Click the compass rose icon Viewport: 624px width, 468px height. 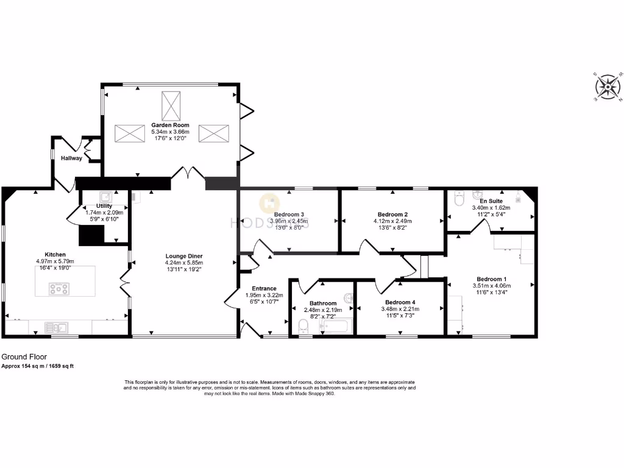pyautogui.click(x=608, y=87)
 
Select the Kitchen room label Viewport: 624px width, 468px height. pyautogui.click(x=55, y=254)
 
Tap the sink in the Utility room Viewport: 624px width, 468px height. pyautogui.click(x=105, y=196)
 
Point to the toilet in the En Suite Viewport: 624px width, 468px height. pyautogui.click(x=460, y=198)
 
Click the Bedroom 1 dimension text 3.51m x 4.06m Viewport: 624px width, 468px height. pyautogui.click(x=494, y=285)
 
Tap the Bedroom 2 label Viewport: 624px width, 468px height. pyautogui.click(x=392, y=214)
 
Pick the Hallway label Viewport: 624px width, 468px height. pyautogui.click(x=71, y=158)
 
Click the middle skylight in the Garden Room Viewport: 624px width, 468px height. pyautogui.click(x=170, y=105)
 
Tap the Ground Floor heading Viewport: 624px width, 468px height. pyautogui.click(x=24, y=357)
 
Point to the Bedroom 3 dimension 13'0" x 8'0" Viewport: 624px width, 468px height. pyautogui.click(x=288, y=228)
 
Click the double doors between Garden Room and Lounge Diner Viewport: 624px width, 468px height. pyautogui.click(x=188, y=174)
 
